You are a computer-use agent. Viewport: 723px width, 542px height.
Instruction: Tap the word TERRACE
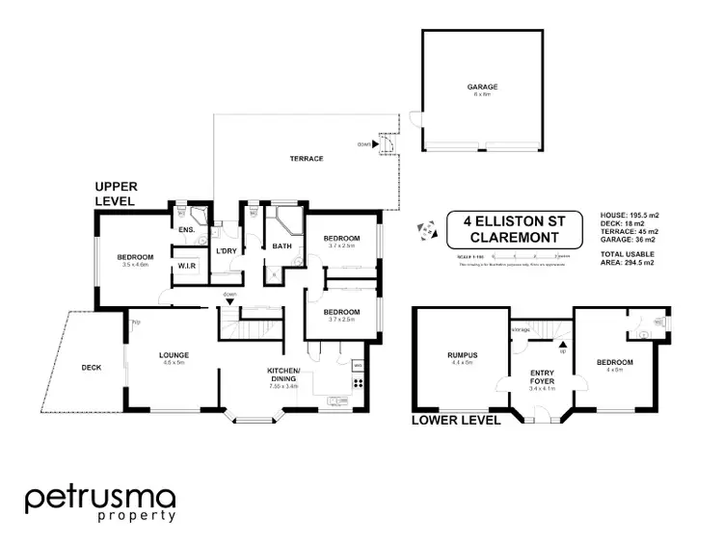pos(307,159)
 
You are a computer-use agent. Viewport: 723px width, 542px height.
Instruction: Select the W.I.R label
pos(186,268)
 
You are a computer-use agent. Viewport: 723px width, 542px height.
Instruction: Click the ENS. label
pos(186,230)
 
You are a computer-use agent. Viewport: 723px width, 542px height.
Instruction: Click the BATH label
pos(282,246)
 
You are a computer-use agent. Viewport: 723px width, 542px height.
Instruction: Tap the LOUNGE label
pos(174,355)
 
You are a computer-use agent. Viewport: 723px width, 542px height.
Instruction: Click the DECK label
pos(92,367)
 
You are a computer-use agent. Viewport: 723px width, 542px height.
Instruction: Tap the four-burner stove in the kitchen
pos(359,382)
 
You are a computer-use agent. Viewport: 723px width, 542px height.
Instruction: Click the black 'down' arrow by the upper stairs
pos(229,302)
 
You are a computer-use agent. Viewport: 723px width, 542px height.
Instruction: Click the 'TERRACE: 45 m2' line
pos(629,232)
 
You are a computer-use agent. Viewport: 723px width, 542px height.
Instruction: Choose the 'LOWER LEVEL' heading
pos(456,420)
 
